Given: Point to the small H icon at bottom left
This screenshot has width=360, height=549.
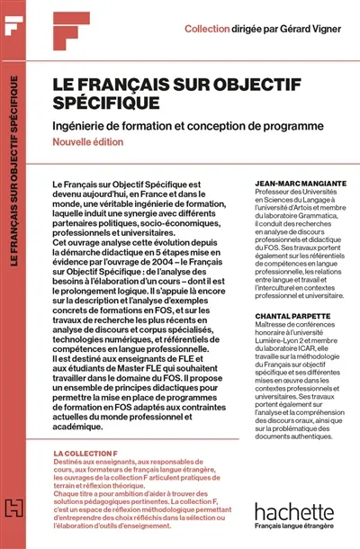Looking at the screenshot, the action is pyautogui.click(x=13, y=531).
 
